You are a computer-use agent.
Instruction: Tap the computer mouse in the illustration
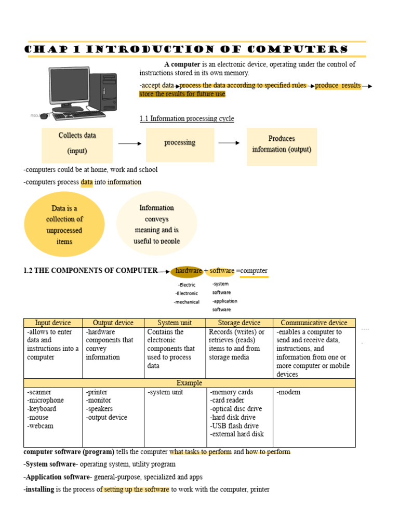[44, 116]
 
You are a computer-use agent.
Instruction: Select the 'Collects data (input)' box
[77, 143]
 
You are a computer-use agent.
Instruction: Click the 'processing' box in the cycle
[180, 143]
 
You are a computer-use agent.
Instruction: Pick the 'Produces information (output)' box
[282, 144]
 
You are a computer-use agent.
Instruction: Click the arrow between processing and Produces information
[229, 143]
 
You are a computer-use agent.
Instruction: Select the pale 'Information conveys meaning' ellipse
[157, 224]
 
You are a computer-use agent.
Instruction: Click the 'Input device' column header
[53, 323]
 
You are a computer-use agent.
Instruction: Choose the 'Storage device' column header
[240, 323]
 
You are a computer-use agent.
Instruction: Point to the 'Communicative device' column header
[314, 323]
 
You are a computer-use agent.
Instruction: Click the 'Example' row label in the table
[189, 383]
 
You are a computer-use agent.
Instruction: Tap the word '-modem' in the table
[289, 392]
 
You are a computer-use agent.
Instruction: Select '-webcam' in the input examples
[41, 426]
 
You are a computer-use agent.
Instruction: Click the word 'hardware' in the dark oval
[189, 271]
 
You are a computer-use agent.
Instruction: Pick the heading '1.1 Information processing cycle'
[187, 119]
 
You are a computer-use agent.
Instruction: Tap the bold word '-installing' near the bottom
[39, 489]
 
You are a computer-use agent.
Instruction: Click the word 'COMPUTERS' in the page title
[297, 50]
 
